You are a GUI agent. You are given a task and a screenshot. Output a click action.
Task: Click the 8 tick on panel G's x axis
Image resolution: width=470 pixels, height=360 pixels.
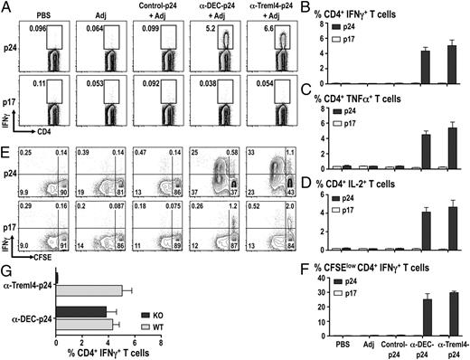pos(160,338)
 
